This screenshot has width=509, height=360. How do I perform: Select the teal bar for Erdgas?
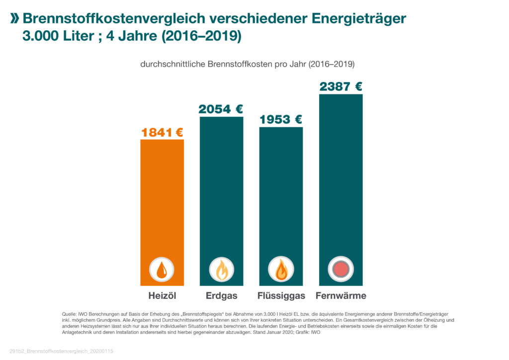tap(221, 189)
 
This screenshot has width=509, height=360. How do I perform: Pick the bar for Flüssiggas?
tap(281, 194)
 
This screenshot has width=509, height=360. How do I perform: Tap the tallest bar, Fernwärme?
tap(340, 174)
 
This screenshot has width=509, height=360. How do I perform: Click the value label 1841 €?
tap(162, 132)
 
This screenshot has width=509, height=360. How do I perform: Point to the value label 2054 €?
tap(221, 109)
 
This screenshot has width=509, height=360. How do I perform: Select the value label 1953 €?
tap(281, 120)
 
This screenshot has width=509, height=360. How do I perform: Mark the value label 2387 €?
tap(340, 87)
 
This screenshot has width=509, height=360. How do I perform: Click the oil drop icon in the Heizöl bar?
tap(162, 270)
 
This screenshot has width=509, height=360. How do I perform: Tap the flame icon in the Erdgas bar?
tap(221, 270)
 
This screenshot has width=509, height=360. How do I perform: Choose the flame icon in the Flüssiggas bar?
tap(281, 270)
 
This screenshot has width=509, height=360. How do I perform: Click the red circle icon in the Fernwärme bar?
tap(340, 270)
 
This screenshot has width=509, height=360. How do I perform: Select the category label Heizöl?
tap(162, 296)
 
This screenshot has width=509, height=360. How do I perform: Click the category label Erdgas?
tap(221, 296)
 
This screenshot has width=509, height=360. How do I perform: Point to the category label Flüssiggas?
tap(281, 296)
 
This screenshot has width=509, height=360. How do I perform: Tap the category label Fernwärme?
tap(340, 296)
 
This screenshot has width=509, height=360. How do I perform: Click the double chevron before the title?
tap(15, 19)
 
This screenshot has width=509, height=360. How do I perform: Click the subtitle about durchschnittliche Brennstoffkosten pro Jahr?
tap(247, 64)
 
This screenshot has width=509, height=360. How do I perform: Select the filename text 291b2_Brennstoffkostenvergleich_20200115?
tap(62, 351)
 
